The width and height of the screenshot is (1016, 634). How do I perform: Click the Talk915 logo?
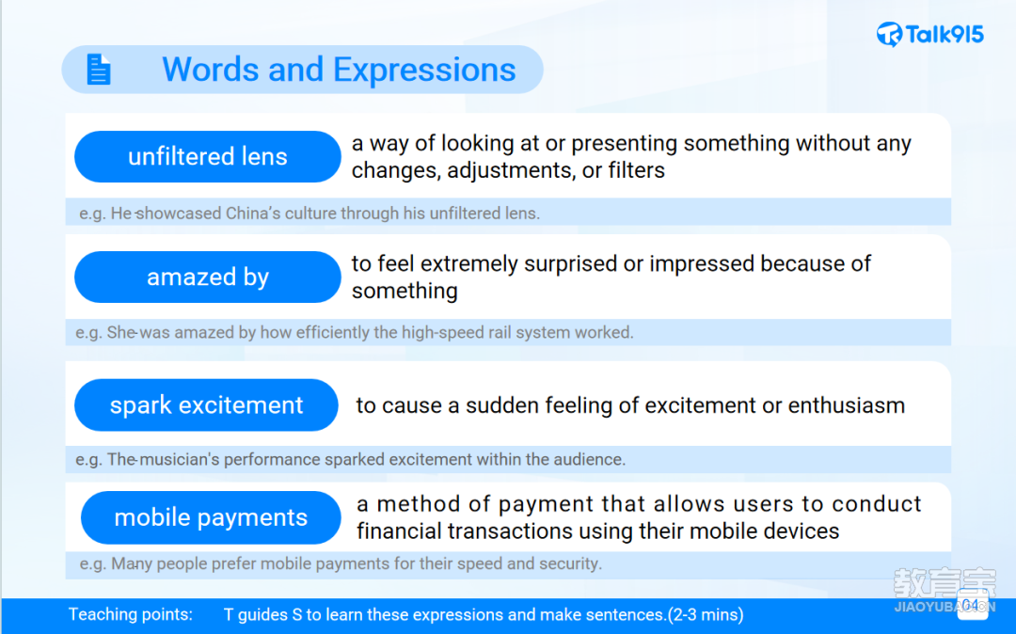click(929, 34)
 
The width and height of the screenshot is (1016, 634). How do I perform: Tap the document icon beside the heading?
click(99, 70)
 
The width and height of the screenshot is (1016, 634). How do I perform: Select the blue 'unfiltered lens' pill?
click(207, 157)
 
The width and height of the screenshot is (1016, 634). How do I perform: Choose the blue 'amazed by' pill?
click(207, 277)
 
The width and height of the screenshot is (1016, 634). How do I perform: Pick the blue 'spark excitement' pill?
click(206, 405)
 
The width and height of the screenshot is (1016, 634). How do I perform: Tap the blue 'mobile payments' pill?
click(211, 517)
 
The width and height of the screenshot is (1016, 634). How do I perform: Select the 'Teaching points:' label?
click(131, 614)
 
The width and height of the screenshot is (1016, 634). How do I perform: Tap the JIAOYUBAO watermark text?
click(945, 608)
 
